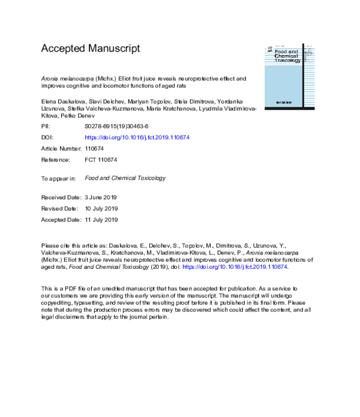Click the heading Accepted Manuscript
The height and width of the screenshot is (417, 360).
(90, 48)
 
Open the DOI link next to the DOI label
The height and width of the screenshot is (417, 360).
(137, 137)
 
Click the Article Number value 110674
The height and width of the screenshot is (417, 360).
(95, 148)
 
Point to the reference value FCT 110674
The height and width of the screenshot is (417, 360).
(101, 160)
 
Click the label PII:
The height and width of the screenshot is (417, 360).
(46, 127)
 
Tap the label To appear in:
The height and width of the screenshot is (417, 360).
(58, 178)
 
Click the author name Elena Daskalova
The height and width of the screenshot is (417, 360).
(62, 98)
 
